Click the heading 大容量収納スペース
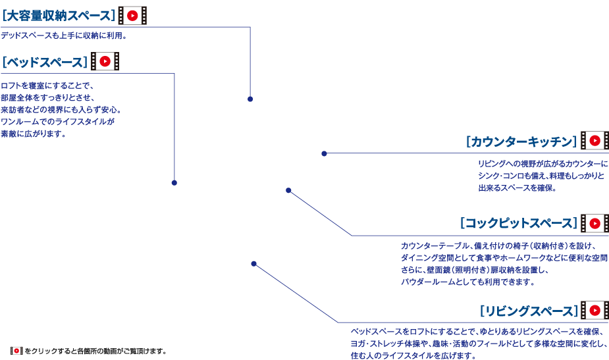(x=58, y=14)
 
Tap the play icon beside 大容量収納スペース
(x=132, y=15)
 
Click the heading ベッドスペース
(x=44, y=62)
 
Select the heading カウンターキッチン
(x=521, y=141)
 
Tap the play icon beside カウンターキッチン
(x=595, y=141)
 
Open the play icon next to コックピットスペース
(x=595, y=224)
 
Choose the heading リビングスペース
(x=529, y=311)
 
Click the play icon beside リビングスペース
(x=595, y=311)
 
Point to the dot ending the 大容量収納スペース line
(x=250, y=99)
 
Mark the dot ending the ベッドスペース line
(x=174, y=182)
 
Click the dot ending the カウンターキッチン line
(x=324, y=153)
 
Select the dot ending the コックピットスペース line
(x=288, y=190)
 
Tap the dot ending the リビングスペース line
(x=253, y=264)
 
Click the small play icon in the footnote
(x=17, y=351)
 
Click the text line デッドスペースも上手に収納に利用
(x=63, y=36)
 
